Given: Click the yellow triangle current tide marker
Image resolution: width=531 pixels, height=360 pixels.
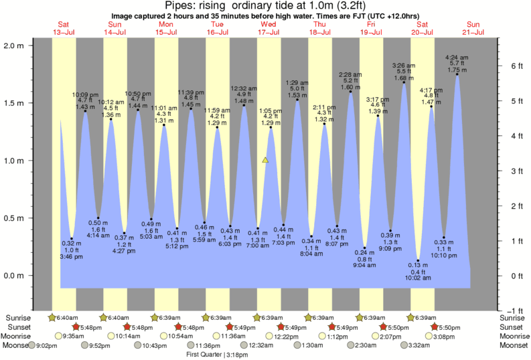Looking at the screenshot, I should point(266,161).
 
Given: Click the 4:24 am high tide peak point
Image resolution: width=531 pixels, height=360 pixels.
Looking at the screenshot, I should point(457,74).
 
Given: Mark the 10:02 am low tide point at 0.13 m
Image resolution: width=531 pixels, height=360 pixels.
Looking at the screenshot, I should point(418,260).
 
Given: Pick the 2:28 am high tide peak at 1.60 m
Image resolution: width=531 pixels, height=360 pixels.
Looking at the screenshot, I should point(350,92).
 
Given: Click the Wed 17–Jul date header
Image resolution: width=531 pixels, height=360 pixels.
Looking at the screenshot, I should point(269,28).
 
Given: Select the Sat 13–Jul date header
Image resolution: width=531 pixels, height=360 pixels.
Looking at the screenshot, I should point(64,28).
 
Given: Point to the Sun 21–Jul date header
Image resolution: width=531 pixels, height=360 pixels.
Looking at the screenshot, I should point(473,28).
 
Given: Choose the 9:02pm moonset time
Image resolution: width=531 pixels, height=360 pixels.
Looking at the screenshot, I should point(49,345).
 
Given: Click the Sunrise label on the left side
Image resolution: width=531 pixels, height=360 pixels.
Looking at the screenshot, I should point(18,317).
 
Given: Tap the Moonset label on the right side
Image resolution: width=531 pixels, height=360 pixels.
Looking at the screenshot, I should point(514,345).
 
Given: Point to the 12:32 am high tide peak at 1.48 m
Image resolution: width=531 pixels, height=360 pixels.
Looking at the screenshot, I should point(244,105).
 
